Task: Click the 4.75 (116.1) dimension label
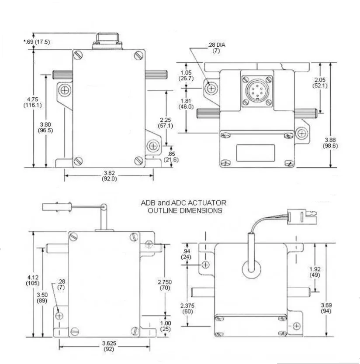[x=32, y=102]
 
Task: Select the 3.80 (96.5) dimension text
[x=45, y=127]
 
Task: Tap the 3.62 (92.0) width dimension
[x=109, y=176]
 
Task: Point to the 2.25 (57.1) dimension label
[x=166, y=123]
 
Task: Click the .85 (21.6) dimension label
[x=171, y=157]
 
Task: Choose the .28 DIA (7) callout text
[x=216, y=48]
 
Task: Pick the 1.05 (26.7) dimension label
[x=186, y=76]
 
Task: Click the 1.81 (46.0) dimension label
[x=186, y=104]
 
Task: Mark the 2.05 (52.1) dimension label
[x=320, y=82]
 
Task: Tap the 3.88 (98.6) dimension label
[x=330, y=143]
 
